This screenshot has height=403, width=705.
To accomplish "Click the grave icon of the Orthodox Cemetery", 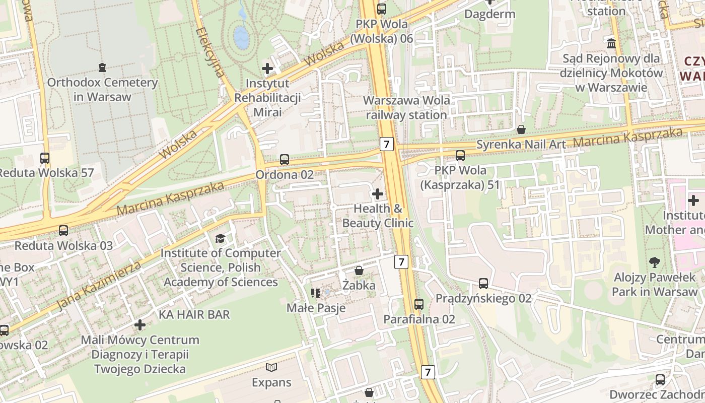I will [102, 67].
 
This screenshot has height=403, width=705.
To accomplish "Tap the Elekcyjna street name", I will [210, 52].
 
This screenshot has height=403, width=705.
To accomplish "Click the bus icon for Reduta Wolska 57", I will [45, 158].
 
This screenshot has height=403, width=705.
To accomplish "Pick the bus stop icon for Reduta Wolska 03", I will [63, 231].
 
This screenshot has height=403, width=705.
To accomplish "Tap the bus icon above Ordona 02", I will [285, 160].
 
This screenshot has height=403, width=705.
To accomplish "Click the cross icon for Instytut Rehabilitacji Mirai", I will [267, 68].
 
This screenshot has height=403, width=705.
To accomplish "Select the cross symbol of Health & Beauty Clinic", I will [377, 193].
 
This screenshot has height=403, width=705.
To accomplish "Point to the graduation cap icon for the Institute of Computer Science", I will [220, 238].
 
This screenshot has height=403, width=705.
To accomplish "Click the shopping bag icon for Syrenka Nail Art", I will [521, 129].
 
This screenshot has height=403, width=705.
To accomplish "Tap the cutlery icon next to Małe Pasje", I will [316, 293].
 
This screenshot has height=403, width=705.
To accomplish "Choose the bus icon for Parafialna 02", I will [419, 304].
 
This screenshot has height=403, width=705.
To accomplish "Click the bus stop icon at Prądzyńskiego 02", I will [483, 283].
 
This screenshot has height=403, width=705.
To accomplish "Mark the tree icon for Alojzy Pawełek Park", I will [655, 262].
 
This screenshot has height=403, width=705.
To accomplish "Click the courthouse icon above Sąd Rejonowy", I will [611, 43].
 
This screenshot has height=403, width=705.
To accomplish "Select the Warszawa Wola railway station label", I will [406, 107].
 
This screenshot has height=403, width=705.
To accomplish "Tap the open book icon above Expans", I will [271, 367].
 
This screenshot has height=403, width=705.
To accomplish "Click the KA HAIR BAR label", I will [194, 314].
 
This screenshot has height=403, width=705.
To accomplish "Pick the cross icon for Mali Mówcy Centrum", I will [140, 325].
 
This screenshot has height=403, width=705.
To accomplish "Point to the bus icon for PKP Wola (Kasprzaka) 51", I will [460, 156].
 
